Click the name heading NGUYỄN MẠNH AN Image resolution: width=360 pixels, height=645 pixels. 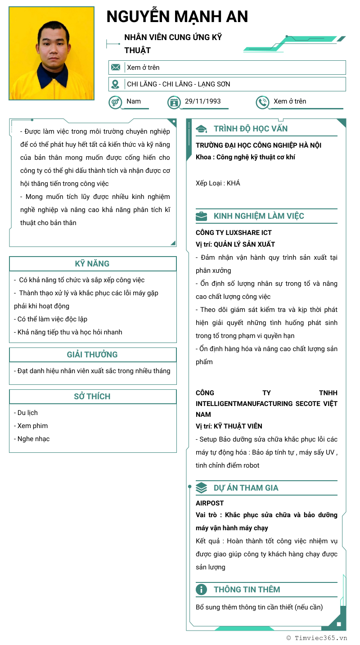point(177,17)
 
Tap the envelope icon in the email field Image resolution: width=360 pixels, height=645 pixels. point(116,68)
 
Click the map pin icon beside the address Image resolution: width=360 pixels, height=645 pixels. point(116,84)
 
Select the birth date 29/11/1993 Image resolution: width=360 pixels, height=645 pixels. point(202,101)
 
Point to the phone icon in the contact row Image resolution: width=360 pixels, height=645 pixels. point(262,102)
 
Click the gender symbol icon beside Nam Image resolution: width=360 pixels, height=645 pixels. point(115,102)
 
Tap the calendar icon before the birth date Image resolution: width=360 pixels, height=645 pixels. point(174,102)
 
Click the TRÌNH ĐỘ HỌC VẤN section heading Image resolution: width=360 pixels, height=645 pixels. point(251,129)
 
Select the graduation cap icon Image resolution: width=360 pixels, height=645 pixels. point(202,129)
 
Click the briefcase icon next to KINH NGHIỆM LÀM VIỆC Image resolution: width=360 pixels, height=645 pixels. point(202,216)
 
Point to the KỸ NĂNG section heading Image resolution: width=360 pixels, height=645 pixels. point(92,264)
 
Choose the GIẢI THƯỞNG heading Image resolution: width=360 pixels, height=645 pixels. point(92,355)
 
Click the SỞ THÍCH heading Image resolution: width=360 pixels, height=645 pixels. point(92,397)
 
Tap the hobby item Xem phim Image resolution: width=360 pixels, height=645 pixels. point(32,426)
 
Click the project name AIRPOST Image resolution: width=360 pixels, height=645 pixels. point(210,503)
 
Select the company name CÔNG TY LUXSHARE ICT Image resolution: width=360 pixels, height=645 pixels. point(234,233)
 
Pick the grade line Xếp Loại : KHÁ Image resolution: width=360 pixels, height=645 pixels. point(218,183)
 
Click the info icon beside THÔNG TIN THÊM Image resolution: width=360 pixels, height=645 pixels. point(202,590)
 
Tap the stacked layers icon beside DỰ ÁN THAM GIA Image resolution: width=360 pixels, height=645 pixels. point(202,488)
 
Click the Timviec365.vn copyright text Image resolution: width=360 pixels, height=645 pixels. point(317,638)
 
